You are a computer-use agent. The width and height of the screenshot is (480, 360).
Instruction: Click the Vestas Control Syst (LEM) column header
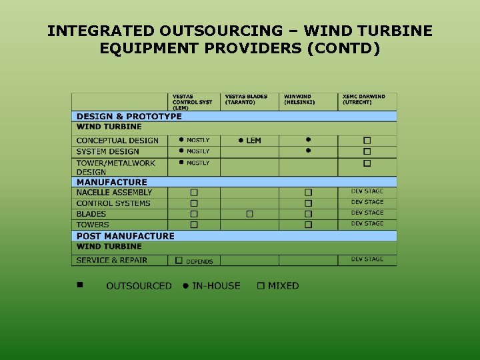point(192,101)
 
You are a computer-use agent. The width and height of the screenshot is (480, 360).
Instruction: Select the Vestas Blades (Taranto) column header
point(246,99)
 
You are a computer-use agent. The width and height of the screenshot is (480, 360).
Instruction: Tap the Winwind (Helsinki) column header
point(299,99)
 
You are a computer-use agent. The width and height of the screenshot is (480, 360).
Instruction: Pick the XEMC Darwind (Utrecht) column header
point(364,99)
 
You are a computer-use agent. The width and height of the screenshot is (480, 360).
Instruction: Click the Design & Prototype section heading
point(129,116)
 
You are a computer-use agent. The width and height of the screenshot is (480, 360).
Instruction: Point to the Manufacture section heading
point(112,182)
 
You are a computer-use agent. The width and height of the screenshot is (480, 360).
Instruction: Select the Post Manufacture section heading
point(125,236)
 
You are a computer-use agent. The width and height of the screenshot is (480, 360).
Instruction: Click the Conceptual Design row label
point(117,141)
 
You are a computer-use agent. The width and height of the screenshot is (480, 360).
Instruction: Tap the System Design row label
point(107,151)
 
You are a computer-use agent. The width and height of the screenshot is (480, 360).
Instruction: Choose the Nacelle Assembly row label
point(114,193)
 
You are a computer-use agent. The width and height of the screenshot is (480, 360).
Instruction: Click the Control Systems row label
point(113,203)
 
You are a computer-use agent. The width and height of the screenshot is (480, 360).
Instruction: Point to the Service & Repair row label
point(112,260)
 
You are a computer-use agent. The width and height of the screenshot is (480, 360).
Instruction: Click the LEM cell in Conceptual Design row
point(250,141)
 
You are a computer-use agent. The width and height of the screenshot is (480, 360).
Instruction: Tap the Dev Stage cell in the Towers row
point(367,224)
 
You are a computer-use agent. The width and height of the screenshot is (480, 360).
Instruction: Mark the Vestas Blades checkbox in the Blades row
point(249,214)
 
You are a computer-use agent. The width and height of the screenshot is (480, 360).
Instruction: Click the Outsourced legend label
point(139,286)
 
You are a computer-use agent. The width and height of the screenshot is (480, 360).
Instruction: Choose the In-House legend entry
point(211,286)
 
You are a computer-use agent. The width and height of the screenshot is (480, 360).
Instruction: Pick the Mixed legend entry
point(279,286)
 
